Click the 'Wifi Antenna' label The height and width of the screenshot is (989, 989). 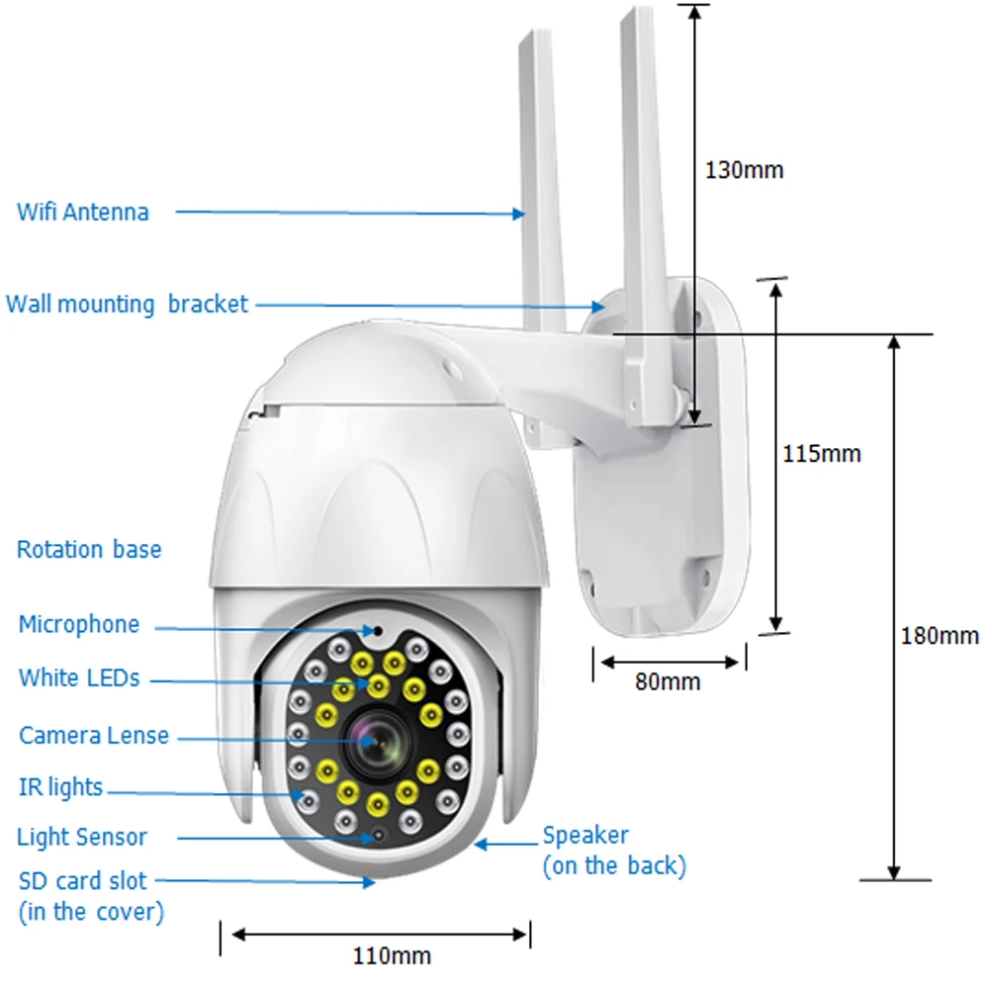(x=83, y=212)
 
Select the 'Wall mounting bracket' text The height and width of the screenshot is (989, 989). (x=127, y=304)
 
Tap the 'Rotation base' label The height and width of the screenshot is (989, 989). (x=89, y=549)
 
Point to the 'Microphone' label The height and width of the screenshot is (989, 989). (x=79, y=625)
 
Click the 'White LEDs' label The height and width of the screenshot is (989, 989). (x=79, y=678)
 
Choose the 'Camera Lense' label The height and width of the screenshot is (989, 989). (x=94, y=736)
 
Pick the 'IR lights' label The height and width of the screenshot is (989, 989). (x=60, y=787)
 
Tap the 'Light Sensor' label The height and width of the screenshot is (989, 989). (x=82, y=838)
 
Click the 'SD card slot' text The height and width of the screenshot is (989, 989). (x=82, y=880)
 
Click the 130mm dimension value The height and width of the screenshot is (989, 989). (x=744, y=170)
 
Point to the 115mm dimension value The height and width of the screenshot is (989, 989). (x=822, y=454)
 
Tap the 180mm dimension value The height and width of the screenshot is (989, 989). (x=940, y=635)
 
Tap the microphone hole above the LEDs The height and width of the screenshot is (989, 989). (x=378, y=629)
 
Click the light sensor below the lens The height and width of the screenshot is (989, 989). (x=377, y=839)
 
